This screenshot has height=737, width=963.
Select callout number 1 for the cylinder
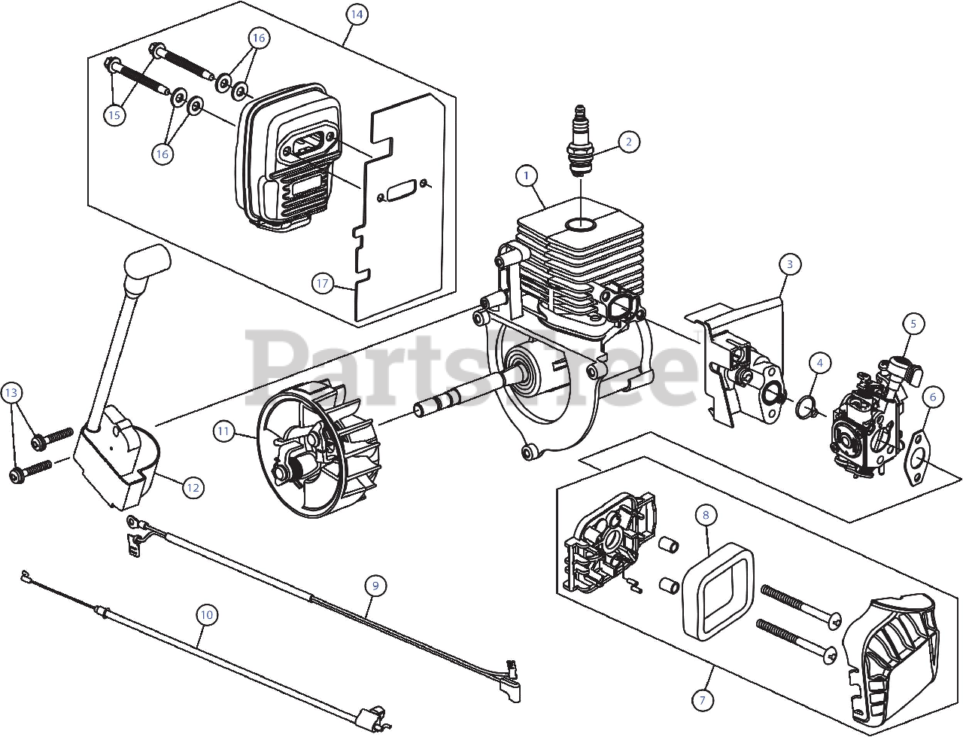point(527,175)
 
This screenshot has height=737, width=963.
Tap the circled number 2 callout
point(629,141)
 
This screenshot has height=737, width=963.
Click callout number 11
point(223,431)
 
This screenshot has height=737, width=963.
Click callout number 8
point(705,515)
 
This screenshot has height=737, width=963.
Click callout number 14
point(357,14)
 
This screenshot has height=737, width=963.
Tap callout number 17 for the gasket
point(323,283)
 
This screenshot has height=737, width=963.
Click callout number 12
point(193,487)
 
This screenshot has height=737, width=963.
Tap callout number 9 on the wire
point(375,584)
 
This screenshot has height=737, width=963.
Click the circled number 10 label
point(207,614)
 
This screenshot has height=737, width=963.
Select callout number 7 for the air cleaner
point(703,700)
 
